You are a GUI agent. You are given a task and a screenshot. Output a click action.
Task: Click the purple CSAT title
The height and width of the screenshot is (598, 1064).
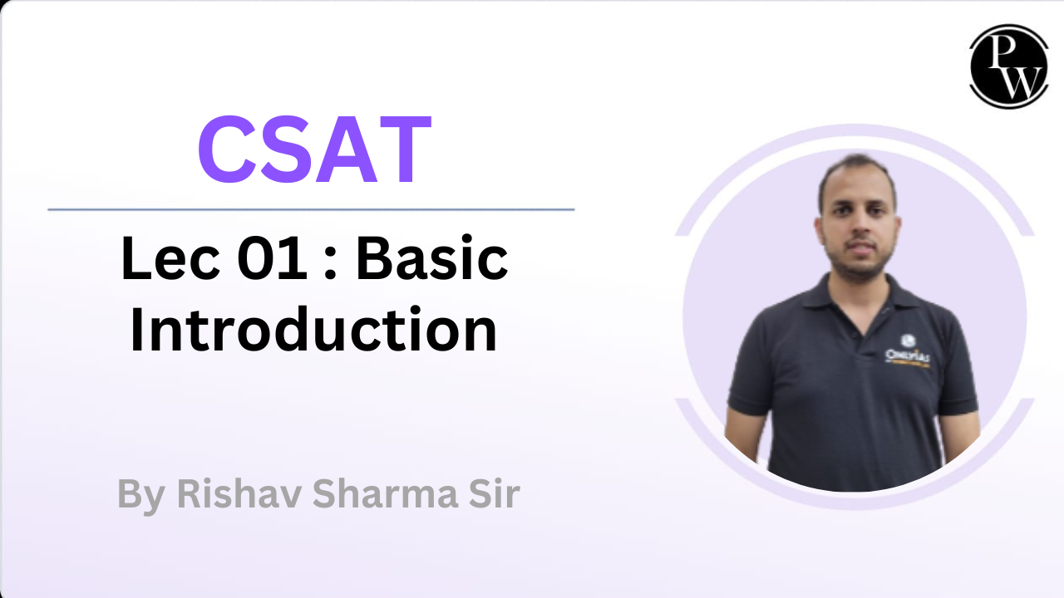tap(314, 149)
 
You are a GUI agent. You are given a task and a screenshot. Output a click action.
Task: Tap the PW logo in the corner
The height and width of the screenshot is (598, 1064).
tap(1009, 66)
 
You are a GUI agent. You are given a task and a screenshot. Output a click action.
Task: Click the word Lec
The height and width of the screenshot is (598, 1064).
tap(170, 258)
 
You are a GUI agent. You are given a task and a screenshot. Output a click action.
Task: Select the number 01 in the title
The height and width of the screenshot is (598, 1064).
tap(272, 258)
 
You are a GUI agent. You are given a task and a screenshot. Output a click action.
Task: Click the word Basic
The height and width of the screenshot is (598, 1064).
tap(431, 257)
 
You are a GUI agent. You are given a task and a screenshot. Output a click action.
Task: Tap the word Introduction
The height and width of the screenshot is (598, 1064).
tap(313, 330)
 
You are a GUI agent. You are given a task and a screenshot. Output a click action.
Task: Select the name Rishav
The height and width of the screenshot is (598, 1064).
tap(239, 493)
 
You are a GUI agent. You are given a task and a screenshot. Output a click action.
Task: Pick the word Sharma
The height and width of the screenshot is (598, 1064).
tap(385, 493)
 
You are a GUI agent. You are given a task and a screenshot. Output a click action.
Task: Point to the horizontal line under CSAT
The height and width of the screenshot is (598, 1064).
tap(311, 209)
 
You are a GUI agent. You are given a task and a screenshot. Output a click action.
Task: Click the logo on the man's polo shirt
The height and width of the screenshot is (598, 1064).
tap(907, 351)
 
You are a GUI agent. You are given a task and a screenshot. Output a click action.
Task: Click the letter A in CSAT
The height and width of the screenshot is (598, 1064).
tap(347, 149)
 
